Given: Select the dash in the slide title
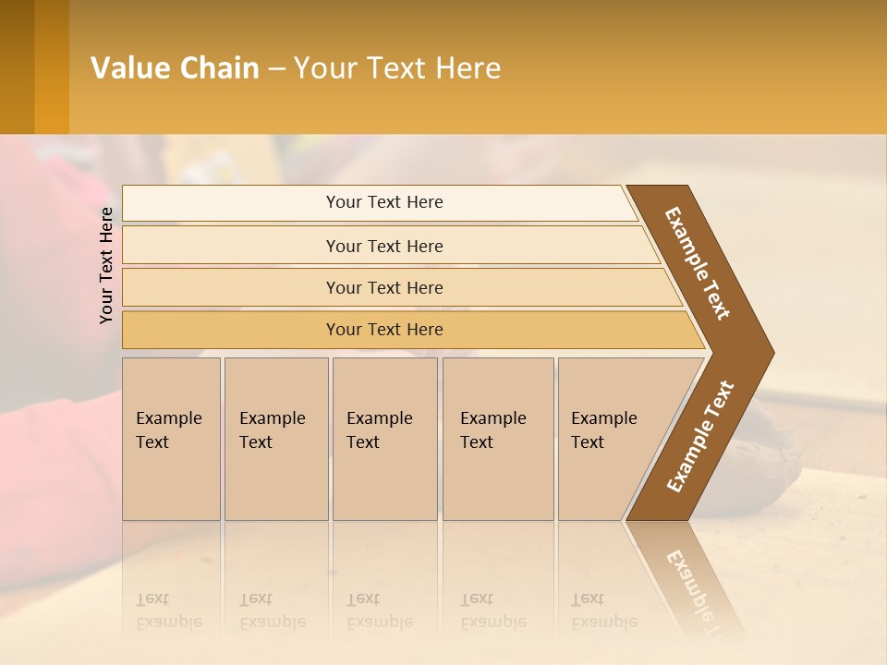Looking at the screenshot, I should pos(276,68).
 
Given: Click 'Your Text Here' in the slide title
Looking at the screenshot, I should pos(397,68).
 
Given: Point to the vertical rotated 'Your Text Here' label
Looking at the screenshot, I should pos(106,265).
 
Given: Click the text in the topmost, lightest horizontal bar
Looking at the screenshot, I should pos(384,202).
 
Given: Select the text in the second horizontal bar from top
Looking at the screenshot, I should pos(384,247).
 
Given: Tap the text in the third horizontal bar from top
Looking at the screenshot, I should pos(384,288).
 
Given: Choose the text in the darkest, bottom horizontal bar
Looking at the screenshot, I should pos(384,330).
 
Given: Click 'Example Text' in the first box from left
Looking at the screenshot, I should pos(168,430).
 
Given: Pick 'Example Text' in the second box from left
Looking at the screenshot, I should pos(272,430).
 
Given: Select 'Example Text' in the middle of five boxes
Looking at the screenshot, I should pos(379,430).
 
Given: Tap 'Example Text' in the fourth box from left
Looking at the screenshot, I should pos(492,430).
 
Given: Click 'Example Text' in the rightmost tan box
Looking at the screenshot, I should pos(603,430).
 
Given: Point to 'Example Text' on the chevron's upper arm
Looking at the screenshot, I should pos(699,263).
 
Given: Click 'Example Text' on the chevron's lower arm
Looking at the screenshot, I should pos(700,437).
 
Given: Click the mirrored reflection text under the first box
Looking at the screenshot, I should pos(168,611).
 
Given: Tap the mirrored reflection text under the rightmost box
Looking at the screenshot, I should pos(603,611).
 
